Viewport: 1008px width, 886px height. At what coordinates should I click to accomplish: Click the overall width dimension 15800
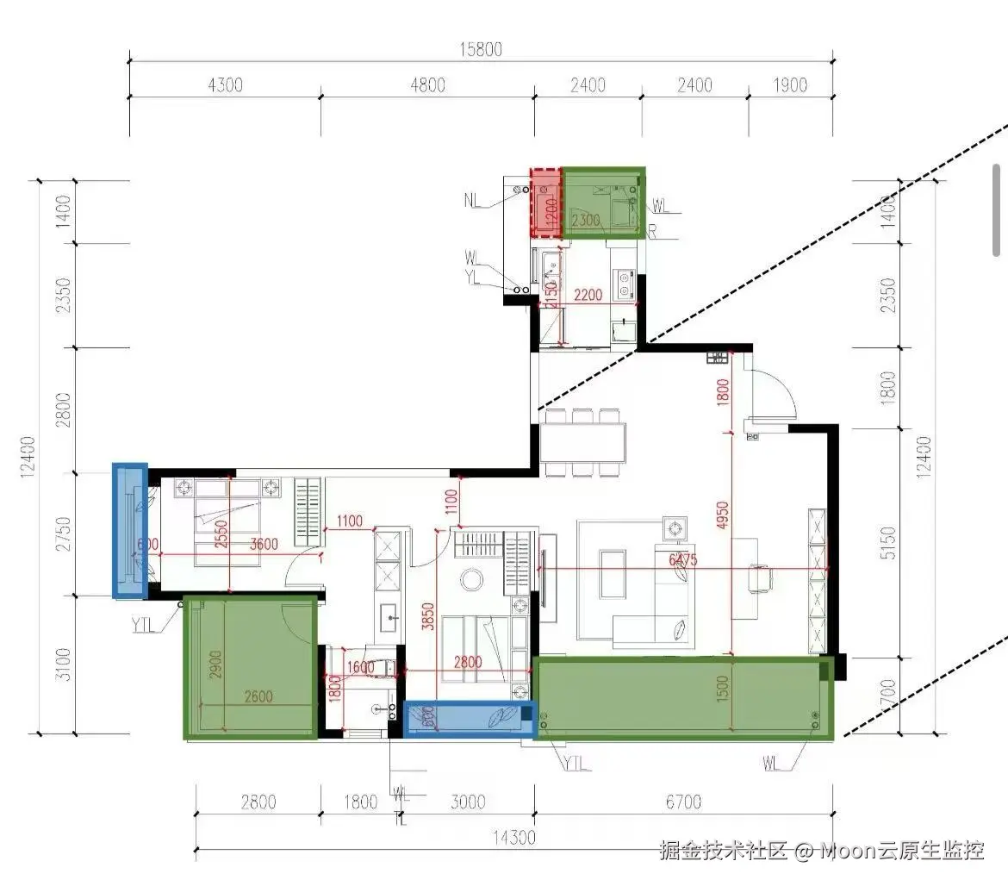(481, 49)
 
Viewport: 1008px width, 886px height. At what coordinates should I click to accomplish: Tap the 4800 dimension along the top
(427, 84)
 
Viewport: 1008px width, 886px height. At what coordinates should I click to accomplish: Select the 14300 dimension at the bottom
(514, 836)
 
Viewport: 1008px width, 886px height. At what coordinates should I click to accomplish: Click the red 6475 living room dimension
(681, 560)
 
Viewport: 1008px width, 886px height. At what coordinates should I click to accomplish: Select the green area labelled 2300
(603, 203)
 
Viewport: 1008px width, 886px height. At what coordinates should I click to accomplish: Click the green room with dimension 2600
(250, 668)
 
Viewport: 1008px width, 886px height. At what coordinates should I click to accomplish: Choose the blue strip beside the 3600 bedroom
(130, 531)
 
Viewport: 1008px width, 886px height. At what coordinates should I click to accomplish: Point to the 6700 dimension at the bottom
(682, 802)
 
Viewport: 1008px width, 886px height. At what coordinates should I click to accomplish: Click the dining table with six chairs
(583, 443)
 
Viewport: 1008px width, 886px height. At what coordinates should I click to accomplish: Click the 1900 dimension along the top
(790, 84)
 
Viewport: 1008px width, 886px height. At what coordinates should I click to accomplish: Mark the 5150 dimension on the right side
(889, 543)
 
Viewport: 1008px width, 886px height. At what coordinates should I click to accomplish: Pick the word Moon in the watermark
(849, 852)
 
